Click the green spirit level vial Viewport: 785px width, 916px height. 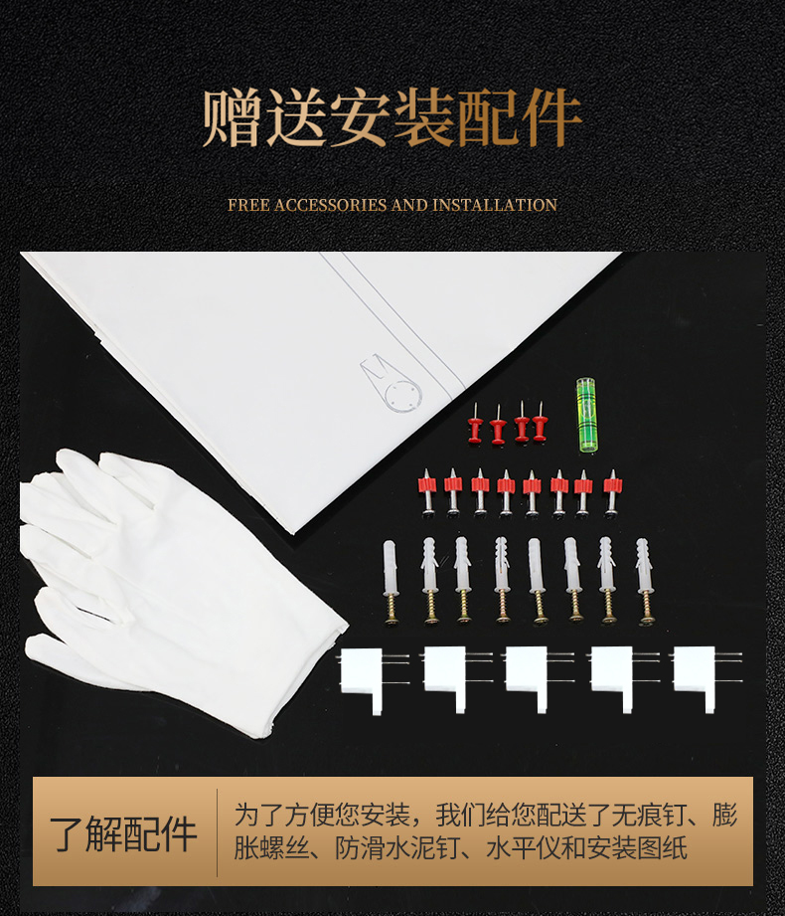coord(587,416)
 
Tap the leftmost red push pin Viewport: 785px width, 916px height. coord(475,424)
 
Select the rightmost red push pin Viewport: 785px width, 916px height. coord(540,422)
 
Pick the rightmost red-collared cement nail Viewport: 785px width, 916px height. coord(612,492)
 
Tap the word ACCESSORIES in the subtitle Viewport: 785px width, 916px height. coord(330,205)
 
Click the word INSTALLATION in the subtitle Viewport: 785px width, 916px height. coord(495,205)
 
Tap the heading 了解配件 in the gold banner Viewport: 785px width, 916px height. coord(123,833)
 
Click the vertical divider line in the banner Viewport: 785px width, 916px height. coord(217,831)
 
